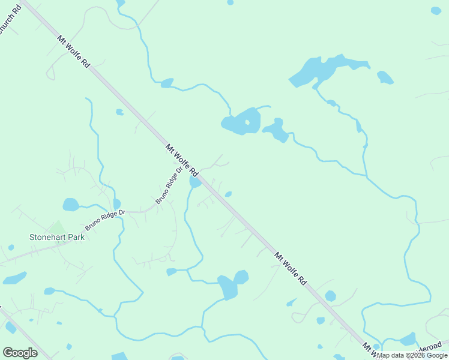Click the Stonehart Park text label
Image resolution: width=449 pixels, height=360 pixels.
pos(57,237)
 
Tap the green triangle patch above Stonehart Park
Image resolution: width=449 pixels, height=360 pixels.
pos(57,227)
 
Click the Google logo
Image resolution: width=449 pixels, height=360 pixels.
pos(20,352)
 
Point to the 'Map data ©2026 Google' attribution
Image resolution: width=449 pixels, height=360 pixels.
pos(413,355)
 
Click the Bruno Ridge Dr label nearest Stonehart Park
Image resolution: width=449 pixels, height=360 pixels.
pos(105,219)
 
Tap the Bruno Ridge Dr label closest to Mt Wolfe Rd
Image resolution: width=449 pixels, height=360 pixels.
pos(169,187)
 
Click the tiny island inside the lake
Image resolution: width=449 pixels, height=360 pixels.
pos(247,122)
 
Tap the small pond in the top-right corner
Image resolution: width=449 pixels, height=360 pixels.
pos(436,10)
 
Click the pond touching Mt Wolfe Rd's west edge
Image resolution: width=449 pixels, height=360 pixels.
pos(195,181)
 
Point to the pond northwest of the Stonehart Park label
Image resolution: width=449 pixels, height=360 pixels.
pos(71,205)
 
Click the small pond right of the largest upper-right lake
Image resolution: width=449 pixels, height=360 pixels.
pos(385,77)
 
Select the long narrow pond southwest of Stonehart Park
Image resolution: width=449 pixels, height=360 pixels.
pos(15,278)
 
